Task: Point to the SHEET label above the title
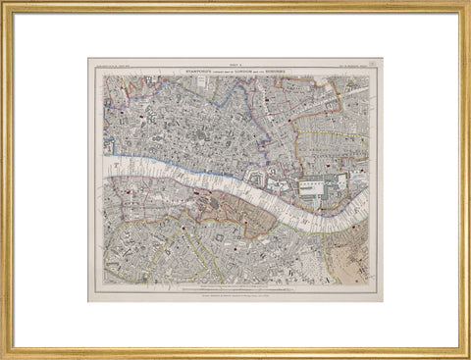coord(235,64)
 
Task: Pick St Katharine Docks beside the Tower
coord(278,184)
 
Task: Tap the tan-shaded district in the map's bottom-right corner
coord(348,263)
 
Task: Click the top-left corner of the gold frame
coord(4,4)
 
